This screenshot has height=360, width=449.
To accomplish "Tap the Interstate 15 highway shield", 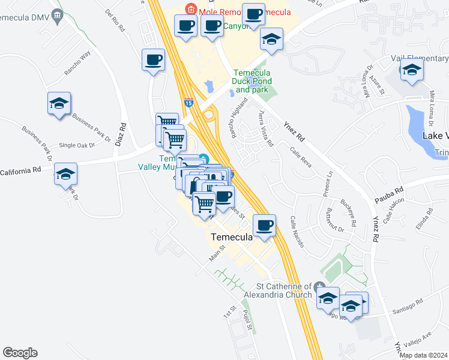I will [188, 103].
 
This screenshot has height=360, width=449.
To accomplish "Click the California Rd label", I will [20, 171].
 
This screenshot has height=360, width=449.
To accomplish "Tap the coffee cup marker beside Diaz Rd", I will [153, 60].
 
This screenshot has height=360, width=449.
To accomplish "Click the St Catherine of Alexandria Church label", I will [283, 290].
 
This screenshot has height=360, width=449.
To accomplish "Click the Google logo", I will [20, 353].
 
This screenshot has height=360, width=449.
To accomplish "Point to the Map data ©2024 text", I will [423, 355].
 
